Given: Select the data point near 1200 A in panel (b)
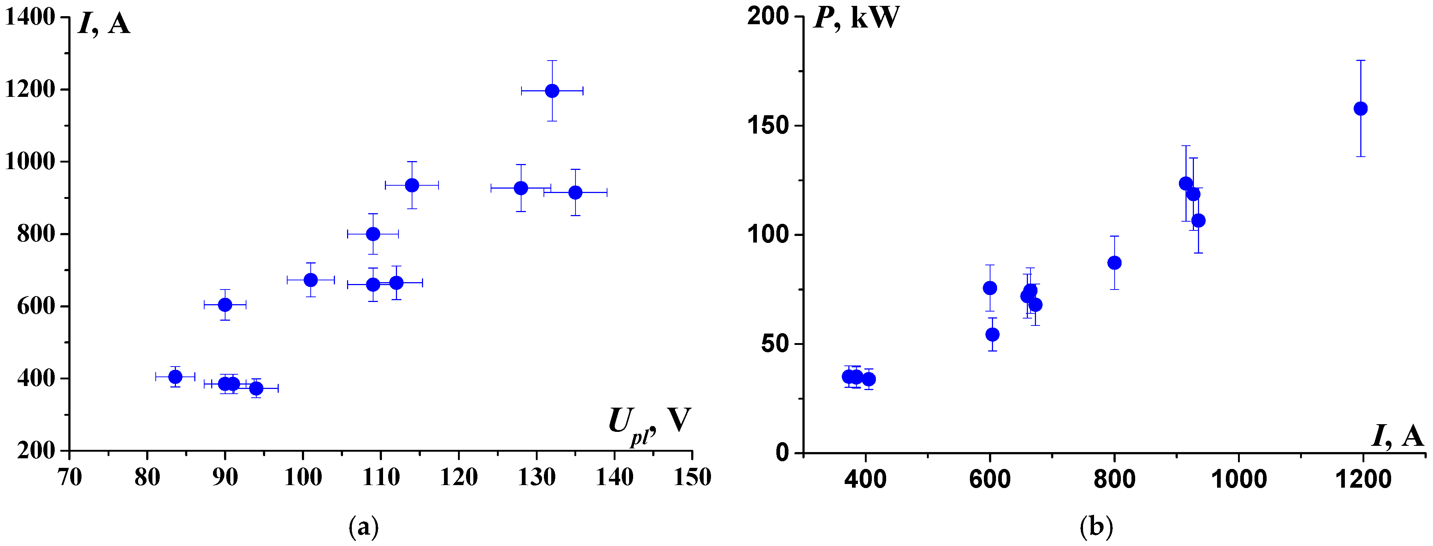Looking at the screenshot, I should click(1360, 108).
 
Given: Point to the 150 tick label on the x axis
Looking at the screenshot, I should click(692, 477).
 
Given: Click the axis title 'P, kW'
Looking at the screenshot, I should click(856, 18).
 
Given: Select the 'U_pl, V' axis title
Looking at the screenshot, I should click(649, 424).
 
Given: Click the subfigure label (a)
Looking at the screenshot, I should click(363, 526).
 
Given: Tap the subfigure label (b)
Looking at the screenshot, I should click(1096, 526).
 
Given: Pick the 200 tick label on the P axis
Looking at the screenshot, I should click(768, 16).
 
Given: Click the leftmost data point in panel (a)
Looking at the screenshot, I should click(175, 376).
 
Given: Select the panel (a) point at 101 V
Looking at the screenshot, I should click(310, 280).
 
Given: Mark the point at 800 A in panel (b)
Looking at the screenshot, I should click(1114, 262).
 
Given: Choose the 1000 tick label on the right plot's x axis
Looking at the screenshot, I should click(1238, 478).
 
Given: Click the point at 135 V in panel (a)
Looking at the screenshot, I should click(575, 192).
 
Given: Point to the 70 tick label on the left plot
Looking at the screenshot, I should click(69, 477).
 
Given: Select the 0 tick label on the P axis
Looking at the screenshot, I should click(782, 452).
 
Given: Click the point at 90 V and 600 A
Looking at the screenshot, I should click(225, 305).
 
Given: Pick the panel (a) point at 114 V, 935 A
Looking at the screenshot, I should click(412, 185).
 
